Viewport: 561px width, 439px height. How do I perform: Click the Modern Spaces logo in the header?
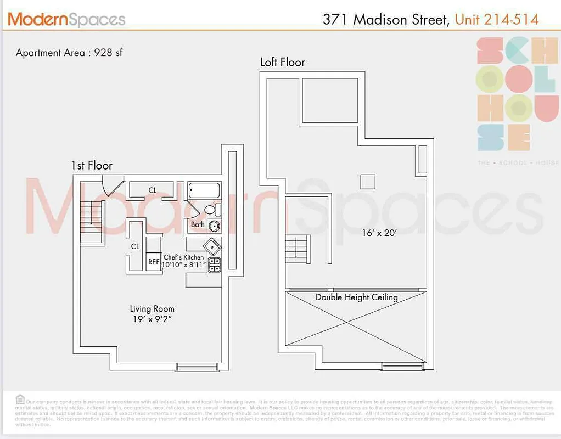coord(66,20)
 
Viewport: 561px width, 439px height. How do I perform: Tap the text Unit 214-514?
coord(497,20)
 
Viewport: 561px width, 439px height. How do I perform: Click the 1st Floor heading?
coord(91,165)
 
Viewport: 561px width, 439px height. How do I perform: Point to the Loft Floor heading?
coord(282,62)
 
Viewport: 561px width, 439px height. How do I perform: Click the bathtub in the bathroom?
coord(204,191)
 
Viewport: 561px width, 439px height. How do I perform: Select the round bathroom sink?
coord(214,226)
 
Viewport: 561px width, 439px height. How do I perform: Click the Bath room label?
coord(198,224)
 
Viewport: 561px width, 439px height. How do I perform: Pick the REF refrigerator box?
coord(154,262)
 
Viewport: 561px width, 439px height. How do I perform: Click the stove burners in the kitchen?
coord(214,264)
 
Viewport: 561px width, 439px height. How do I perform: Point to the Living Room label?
coord(152,309)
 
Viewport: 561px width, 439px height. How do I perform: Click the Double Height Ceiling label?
coord(356,297)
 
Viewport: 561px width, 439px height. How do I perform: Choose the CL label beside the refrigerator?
coord(135,246)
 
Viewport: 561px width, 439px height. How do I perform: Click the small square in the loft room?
coord(367,182)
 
